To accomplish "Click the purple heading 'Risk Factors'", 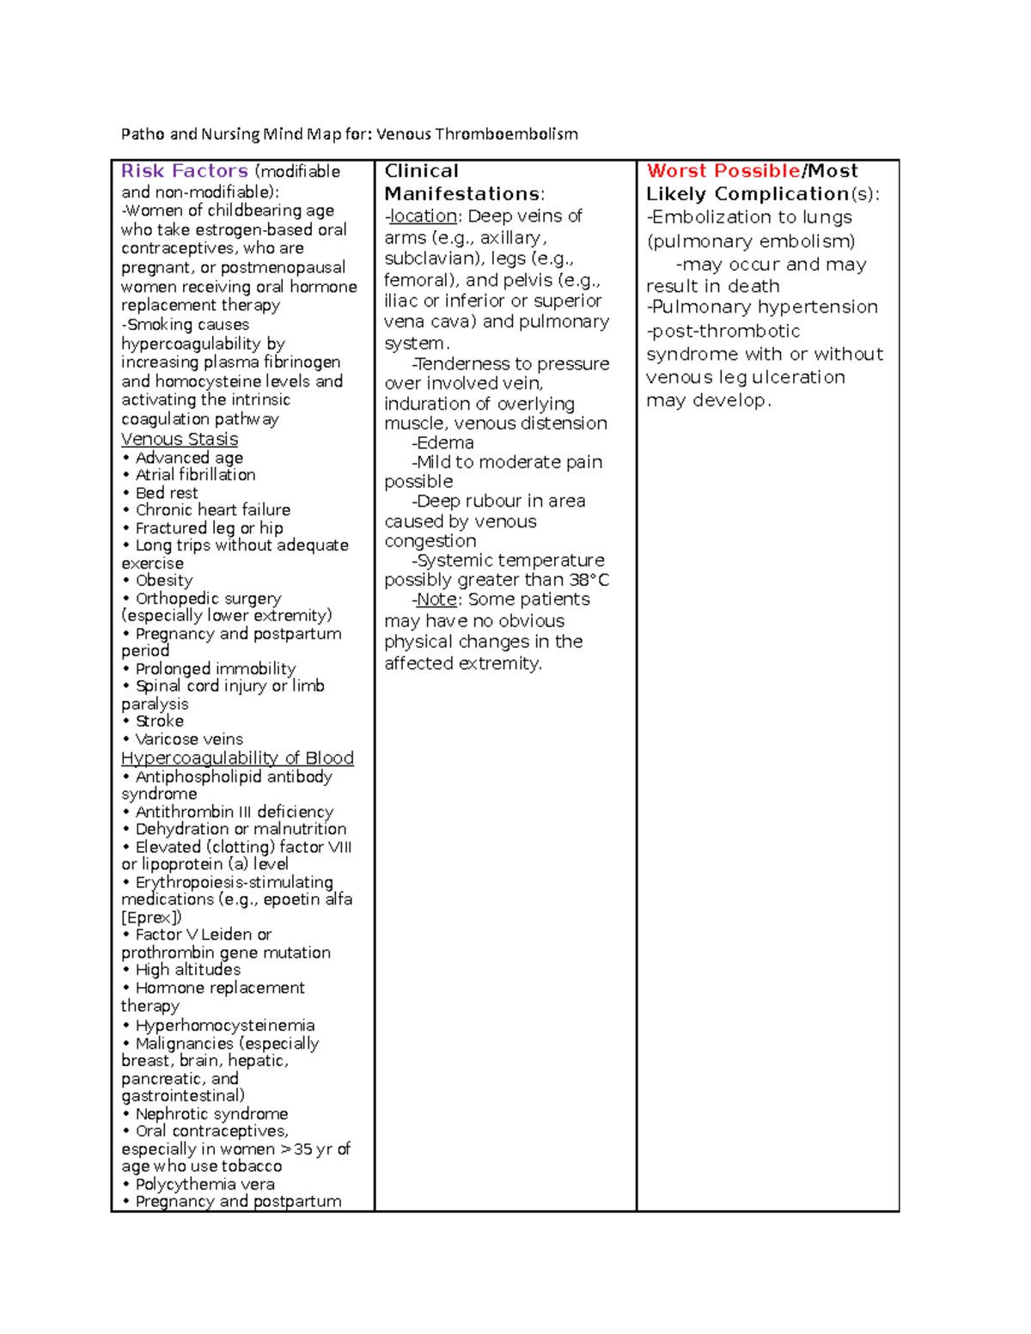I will [x=185, y=171].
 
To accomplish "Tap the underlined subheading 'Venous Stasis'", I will [x=180, y=439].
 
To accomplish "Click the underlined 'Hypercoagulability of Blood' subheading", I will [x=237, y=758].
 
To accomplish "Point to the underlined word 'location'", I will [x=423, y=216].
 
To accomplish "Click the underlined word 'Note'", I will [x=436, y=599].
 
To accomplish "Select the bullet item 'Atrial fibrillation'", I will [x=195, y=475].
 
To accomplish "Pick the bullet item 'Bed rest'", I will [x=167, y=493].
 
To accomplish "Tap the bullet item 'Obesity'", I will [x=164, y=581].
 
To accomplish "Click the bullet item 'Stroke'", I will [x=160, y=721].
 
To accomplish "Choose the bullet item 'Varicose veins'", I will [x=189, y=739].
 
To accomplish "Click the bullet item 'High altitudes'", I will [x=188, y=970].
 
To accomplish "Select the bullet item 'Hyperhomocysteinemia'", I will [x=225, y=1026].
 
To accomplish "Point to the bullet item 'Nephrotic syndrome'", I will [x=211, y=1114].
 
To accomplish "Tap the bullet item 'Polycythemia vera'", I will [x=204, y=1184].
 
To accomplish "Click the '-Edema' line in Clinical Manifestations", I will [x=443, y=442].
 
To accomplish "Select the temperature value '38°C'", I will [x=589, y=580].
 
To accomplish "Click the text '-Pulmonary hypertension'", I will [x=762, y=307].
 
